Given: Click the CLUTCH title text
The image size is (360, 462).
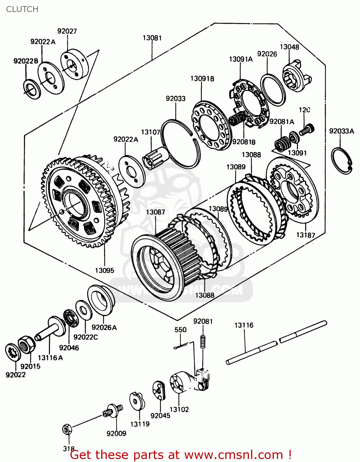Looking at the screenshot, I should click(22, 9).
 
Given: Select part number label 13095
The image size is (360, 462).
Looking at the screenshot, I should click(104, 270).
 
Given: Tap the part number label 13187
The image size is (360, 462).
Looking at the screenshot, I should click(306, 235).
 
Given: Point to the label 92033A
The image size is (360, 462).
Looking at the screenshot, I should click(342, 131).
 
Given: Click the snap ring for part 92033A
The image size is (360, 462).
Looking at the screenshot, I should click(342, 161).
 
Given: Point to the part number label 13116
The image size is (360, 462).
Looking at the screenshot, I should click(244, 325).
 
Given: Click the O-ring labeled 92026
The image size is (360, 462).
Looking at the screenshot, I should click(273, 90).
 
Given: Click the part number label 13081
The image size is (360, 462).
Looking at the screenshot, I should click(152, 38).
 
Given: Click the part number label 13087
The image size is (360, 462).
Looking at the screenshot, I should click(155, 212).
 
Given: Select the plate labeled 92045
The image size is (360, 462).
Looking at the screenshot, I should click(159, 390).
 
